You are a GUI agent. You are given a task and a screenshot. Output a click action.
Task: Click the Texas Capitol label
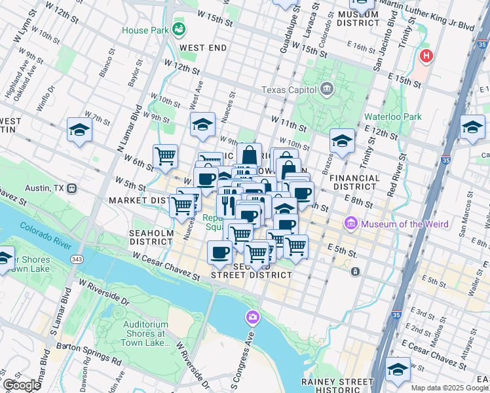pyautogui.click(x=288, y=90)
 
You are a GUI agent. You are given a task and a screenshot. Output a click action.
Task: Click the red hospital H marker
pyautogui.click(x=426, y=56)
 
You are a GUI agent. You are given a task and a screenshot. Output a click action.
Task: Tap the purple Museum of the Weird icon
pyautogui.click(x=350, y=224)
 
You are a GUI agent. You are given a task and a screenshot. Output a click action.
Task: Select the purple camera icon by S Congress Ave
pyautogui.click(x=252, y=318)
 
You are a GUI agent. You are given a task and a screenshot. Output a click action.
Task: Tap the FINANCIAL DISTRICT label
pyautogui.click(x=354, y=183)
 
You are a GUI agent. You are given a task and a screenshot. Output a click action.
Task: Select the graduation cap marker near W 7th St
pyautogui.click(x=79, y=130)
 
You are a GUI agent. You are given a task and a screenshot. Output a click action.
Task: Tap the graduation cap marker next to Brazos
pyautogui.click(x=341, y=140)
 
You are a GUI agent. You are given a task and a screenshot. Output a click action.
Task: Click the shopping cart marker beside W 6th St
pyautogui.click(x=165, y=156)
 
